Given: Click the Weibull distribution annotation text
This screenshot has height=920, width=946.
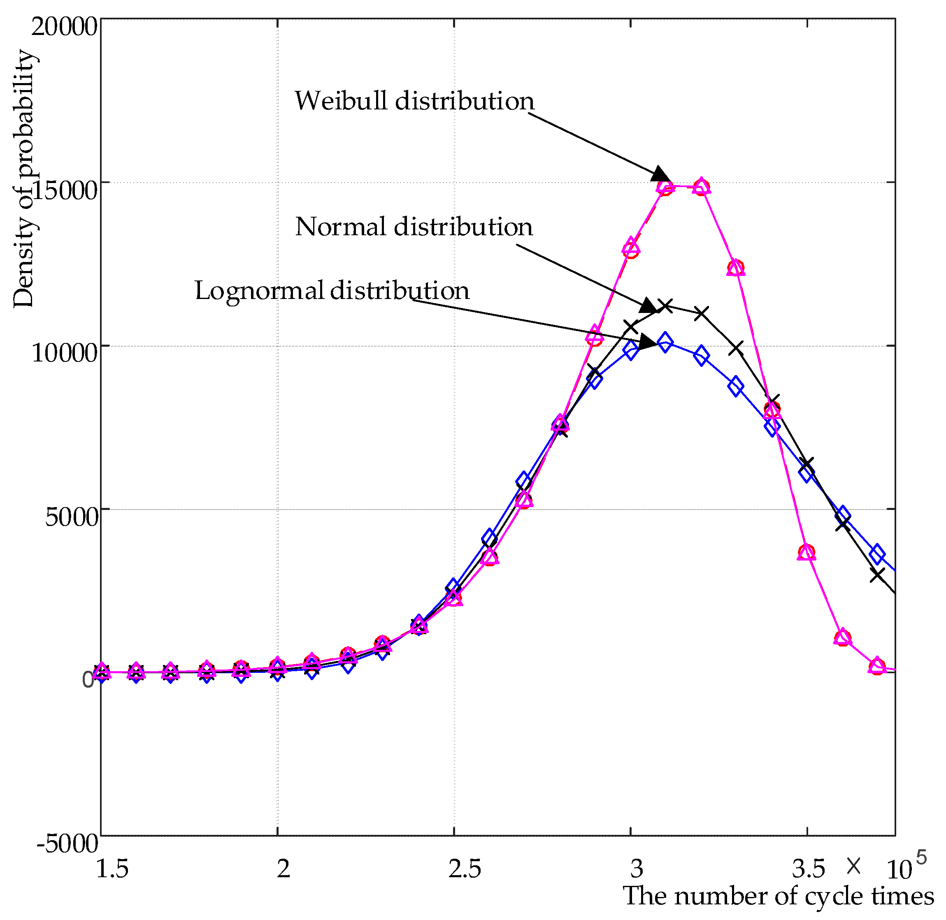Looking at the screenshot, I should click(414, 101).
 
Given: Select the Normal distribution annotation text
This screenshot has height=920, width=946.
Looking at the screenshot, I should click(414, 227).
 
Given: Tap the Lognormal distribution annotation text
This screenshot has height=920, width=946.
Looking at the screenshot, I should click(332, 291).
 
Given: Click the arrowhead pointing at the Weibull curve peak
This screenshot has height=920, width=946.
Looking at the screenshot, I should click(660, 174).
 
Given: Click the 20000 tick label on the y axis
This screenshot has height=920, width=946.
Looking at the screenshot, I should click(65, 27).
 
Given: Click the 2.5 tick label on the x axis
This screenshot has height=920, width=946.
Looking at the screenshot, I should click(465, 869).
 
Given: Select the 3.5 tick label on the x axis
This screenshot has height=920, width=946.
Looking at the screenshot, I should click(808, 869).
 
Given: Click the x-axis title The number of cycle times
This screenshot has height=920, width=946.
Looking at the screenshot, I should click(778, 896).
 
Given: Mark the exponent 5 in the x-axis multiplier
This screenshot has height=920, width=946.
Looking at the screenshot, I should click(921, 857).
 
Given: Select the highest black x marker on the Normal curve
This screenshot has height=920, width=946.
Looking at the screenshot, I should click(666, 306).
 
